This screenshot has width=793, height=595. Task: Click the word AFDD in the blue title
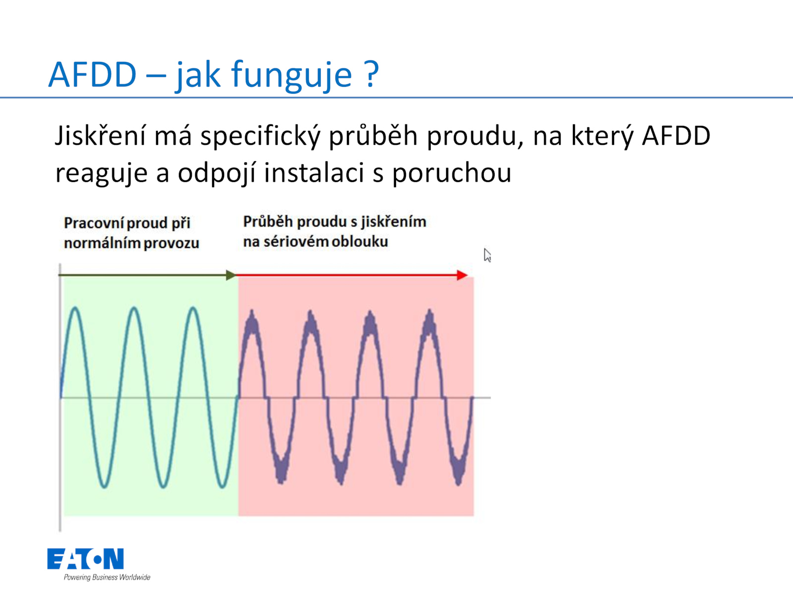[93, 74]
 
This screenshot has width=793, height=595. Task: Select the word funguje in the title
[291, 76]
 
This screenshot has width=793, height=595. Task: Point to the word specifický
[261, 137]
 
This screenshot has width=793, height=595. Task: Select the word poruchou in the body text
[452, 174]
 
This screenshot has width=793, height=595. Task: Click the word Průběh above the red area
[268, 221]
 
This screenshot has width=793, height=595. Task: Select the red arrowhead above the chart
[462, 275]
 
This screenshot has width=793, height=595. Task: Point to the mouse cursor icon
[487, 255]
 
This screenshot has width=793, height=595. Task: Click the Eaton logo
[86, 558]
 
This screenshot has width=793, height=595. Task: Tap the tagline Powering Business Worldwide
[107, 577]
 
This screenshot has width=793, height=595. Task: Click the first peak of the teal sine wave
[75, 308]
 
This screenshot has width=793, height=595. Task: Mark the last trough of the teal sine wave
[222, 486]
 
